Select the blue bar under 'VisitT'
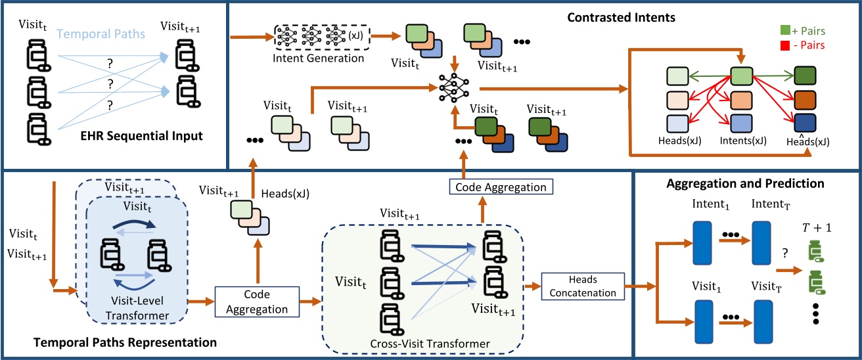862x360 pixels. (x=763, y=319)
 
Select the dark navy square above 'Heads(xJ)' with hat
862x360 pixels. (x=805, y=123)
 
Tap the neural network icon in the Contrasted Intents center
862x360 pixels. (x=451, y=86)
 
